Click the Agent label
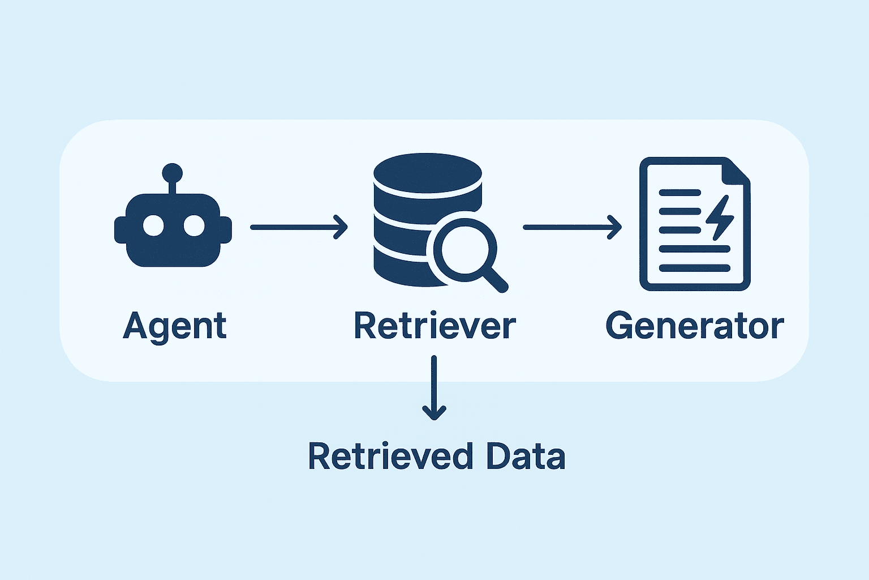(x=174, y=326)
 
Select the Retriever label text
(x=434, y=326)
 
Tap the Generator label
(x=695, y=326)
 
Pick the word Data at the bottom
(x=526, y=457)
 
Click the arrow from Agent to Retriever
(x=298, y=227)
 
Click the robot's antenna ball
(x=172, y=172)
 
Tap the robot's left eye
(x=153, y=226)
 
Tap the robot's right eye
(x=193, y=226)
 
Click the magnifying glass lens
(x=465, y=249)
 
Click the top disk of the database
(x=428, y=172)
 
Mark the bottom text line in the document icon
(x=694, y=268)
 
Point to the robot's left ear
(x=120, y=230)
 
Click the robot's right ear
(x=226, y=230)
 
